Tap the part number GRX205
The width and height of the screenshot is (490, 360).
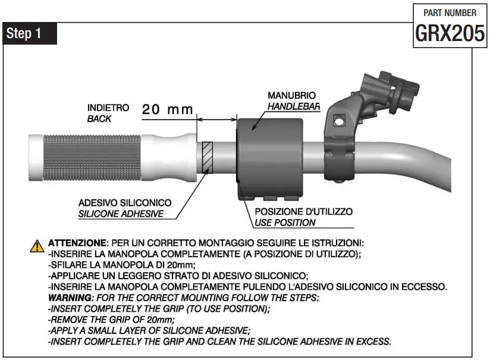point(449,34)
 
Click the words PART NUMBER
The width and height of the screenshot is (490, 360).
point(450,12)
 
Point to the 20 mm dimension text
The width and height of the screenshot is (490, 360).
point(168,109)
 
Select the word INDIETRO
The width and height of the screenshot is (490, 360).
point(108,108)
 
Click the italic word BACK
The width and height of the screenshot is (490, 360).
point(99,118)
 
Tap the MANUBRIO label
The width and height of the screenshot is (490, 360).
point(291,95)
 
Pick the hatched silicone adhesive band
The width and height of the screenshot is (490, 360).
point(208,156)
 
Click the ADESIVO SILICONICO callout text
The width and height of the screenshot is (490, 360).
point(125,203)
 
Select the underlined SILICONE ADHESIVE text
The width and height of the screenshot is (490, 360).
point(121,214)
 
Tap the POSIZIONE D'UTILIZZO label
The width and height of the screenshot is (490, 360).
point(303,212)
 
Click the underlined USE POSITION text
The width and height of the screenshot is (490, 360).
point(285,223)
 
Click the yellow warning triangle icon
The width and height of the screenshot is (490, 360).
point(37,245)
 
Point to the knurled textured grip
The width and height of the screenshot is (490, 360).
point(95,158)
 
